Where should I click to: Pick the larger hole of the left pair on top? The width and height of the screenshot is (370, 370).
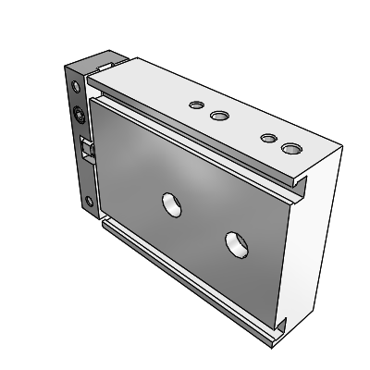click(219, 116)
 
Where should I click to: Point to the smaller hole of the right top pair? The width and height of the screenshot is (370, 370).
click(267, 138)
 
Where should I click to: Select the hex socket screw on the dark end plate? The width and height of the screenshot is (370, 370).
click(80, 116)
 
